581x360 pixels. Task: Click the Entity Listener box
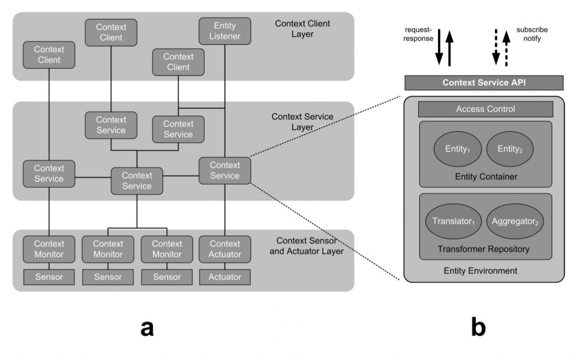coord(225,32)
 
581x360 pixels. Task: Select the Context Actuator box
coord(225,249)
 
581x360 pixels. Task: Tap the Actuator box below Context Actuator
coord(225,277)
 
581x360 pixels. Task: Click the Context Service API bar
coord(483,83)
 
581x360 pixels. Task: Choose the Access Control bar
coord(485,109)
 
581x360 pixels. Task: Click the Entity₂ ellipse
coord(510,149)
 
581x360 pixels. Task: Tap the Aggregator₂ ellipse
coord(515,221)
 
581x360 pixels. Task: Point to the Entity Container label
coord(486,177)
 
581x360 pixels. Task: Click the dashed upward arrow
coord(507,49)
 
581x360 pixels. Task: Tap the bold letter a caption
coord(147,327)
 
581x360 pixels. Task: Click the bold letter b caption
coord(478,327)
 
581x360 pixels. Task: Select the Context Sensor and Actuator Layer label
coord(306,246)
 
